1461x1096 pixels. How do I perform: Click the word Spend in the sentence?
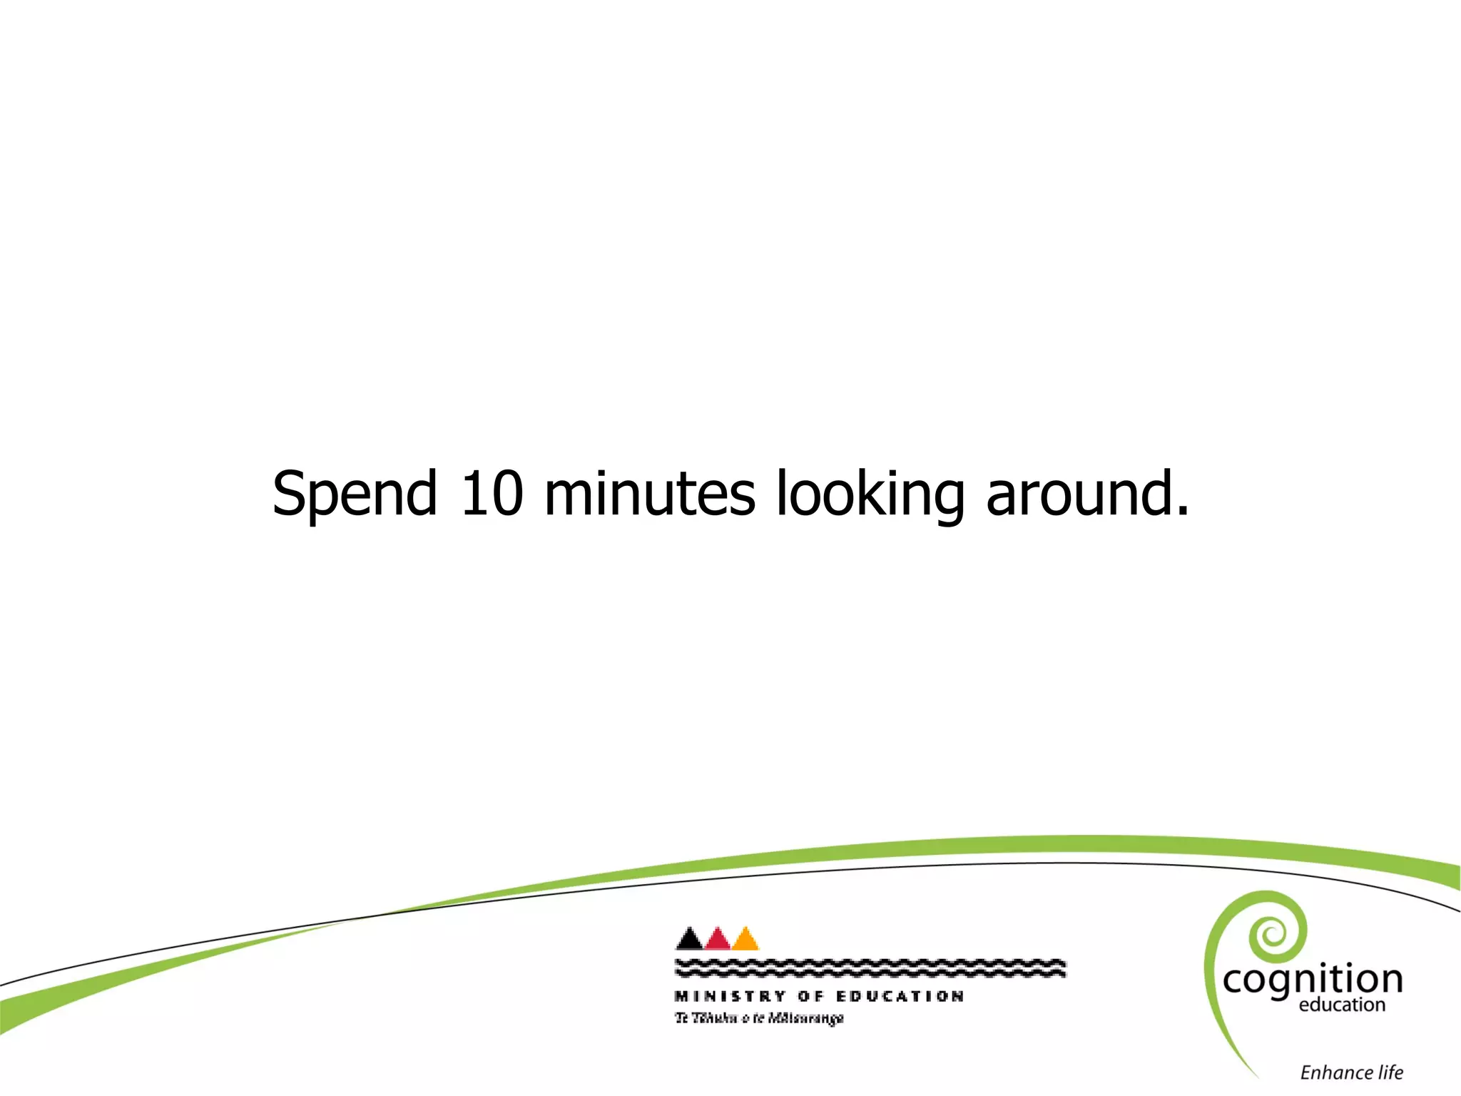tap(354, 494)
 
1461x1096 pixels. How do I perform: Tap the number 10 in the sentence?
tap(492, 494)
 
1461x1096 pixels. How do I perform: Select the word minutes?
tap(649, 494)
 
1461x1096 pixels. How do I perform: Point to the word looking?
tap(870, 494)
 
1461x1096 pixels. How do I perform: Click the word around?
tap(1077, 494)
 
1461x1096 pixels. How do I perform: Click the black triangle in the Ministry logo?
tap(689, 940)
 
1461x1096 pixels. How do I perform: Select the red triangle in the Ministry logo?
tap(717, 940)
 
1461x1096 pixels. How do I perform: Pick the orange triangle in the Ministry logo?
tap(745, 940)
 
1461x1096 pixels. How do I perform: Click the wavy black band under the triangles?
tap(870, 968)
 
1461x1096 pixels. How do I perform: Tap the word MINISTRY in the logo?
tap(730, 996)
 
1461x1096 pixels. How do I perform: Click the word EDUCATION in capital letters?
tap(900, 996)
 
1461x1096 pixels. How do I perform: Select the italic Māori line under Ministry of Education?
tap(759, 1018)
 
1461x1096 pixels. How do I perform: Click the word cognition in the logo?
tap(1313, 980)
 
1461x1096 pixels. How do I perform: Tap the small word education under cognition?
tap(1342, 1005)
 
